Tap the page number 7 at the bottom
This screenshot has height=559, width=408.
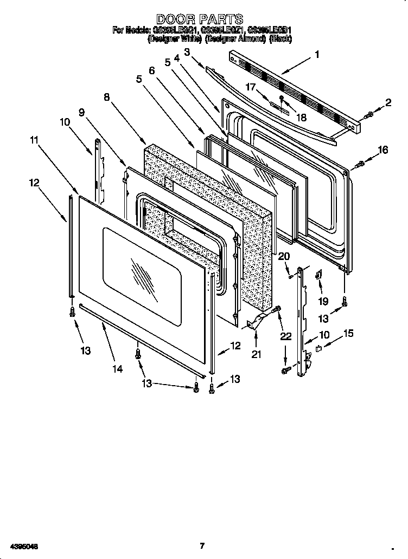click(x=202, y=545)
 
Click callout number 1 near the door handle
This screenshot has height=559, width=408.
click(x=317, y=54)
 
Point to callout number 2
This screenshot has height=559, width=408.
click(x=388, y=102)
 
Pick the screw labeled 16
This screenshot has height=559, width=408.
click(x=359, y=164)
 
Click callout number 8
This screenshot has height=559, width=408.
click(x=106, y=97)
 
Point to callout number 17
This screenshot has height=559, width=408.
click(x=251, y=87)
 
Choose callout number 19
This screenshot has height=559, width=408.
click(x=323, y=301)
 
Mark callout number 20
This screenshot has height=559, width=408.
click(x=284, y=256)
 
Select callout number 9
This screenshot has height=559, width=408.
click(x=81, y=112)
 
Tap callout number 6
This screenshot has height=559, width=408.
click(x=151, y=70)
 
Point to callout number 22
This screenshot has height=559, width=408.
click(x=286, y=336)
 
